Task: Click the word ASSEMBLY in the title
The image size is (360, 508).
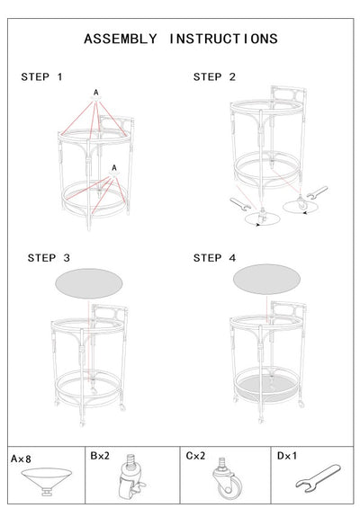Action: (x=121, y=39)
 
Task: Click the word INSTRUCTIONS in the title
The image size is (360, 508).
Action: (x=223, y=39)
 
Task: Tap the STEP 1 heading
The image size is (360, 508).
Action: (x=41, y=77)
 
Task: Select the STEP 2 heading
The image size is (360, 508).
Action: (x=214, y=77)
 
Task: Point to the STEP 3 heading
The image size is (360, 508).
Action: (x=49, y=258)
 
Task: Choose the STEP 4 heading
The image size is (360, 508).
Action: (x=214, y=258)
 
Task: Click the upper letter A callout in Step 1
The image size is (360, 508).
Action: (x=96, y=93)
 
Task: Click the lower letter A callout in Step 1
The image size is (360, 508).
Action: (x=114, y=168)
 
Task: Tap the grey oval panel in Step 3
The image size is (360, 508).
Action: (x=89, y=283)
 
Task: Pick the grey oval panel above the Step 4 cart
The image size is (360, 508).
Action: (x=266, y=279)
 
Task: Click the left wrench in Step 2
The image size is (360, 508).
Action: (x=240, y=204)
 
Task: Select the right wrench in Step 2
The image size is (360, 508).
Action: (x=317, y=192)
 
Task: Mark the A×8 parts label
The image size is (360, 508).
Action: (x=21, y=459)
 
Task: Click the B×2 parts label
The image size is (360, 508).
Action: (x=100, y=456)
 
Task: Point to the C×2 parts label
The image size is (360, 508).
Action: (x=195, y=456)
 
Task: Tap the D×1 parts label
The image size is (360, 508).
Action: (x=287, y=456)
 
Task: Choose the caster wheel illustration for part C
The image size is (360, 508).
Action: (x=227, y=478)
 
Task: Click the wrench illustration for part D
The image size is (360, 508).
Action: (x=319, y=478)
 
